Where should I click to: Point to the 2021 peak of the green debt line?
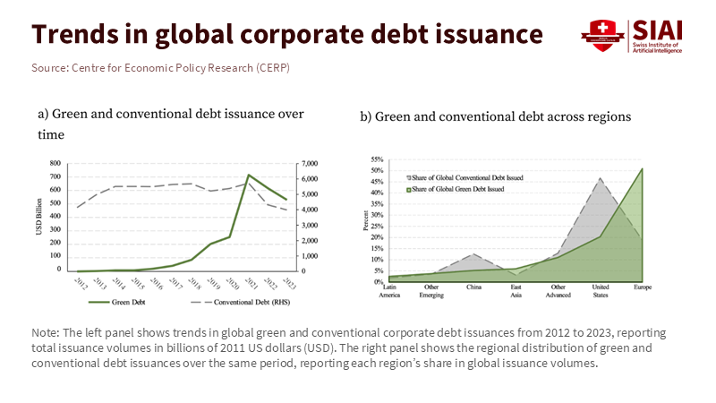pos(248,175)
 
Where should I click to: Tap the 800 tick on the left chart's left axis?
pos(54,164)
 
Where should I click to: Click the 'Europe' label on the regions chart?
pos(643,288)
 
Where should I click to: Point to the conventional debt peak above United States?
pos(600,178)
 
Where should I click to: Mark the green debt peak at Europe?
pos(642,168)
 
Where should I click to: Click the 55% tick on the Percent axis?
pos(377,159)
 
